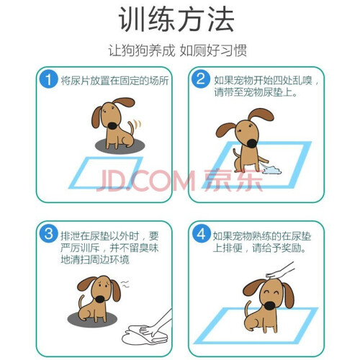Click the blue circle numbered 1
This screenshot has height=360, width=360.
[48, 79]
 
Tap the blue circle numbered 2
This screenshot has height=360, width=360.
[201, 79]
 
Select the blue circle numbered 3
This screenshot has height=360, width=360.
[48, 233]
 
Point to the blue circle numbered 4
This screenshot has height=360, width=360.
[202, 233]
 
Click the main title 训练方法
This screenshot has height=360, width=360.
[176, 19]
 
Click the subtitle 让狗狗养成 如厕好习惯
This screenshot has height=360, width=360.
[177, 50]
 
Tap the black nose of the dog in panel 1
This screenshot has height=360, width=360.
[112, 125]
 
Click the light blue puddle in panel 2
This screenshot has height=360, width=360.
[272, 170]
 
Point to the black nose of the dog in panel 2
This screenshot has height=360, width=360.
[252, 143]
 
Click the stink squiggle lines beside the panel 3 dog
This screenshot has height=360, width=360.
[125, 284]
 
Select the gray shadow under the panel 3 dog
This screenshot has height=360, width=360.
[93, 320]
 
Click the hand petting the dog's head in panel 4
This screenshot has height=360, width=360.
[279, 271]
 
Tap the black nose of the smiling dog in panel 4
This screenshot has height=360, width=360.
[269, 305]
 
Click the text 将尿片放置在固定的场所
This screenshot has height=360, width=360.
[114, 80]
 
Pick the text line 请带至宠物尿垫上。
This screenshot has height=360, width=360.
[256, 92]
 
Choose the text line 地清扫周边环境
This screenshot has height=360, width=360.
[95, 259]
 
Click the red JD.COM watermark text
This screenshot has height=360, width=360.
[145, 180]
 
